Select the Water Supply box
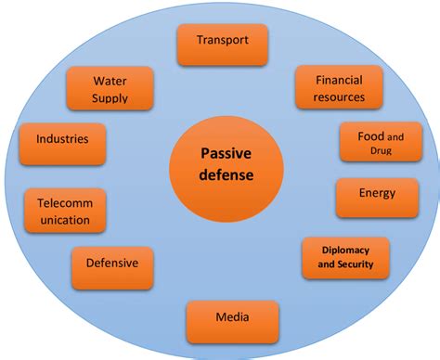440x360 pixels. [110, 89]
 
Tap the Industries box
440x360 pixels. [62, 142]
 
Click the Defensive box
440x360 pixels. [111, 264]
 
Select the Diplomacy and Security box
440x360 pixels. [345, 258]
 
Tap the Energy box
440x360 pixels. [376, 196]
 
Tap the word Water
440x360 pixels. [110, 81]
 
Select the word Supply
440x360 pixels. [110, 98]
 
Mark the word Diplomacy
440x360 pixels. [345, 250]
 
